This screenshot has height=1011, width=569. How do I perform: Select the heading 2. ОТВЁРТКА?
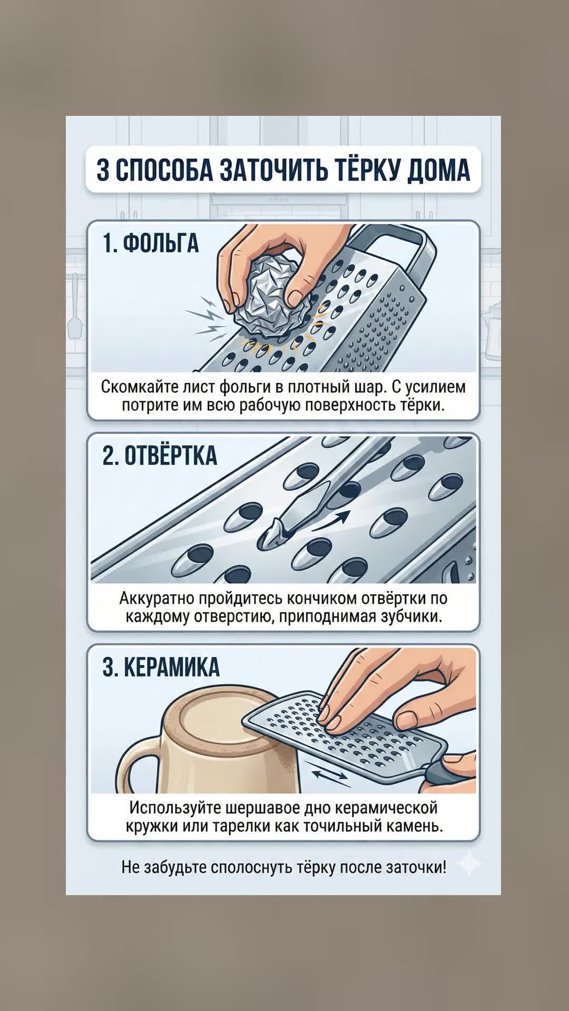point(160,455)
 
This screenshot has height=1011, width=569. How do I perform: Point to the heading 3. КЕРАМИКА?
point(161,667)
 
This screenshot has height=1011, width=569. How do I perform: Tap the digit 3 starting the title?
point(103,170)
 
